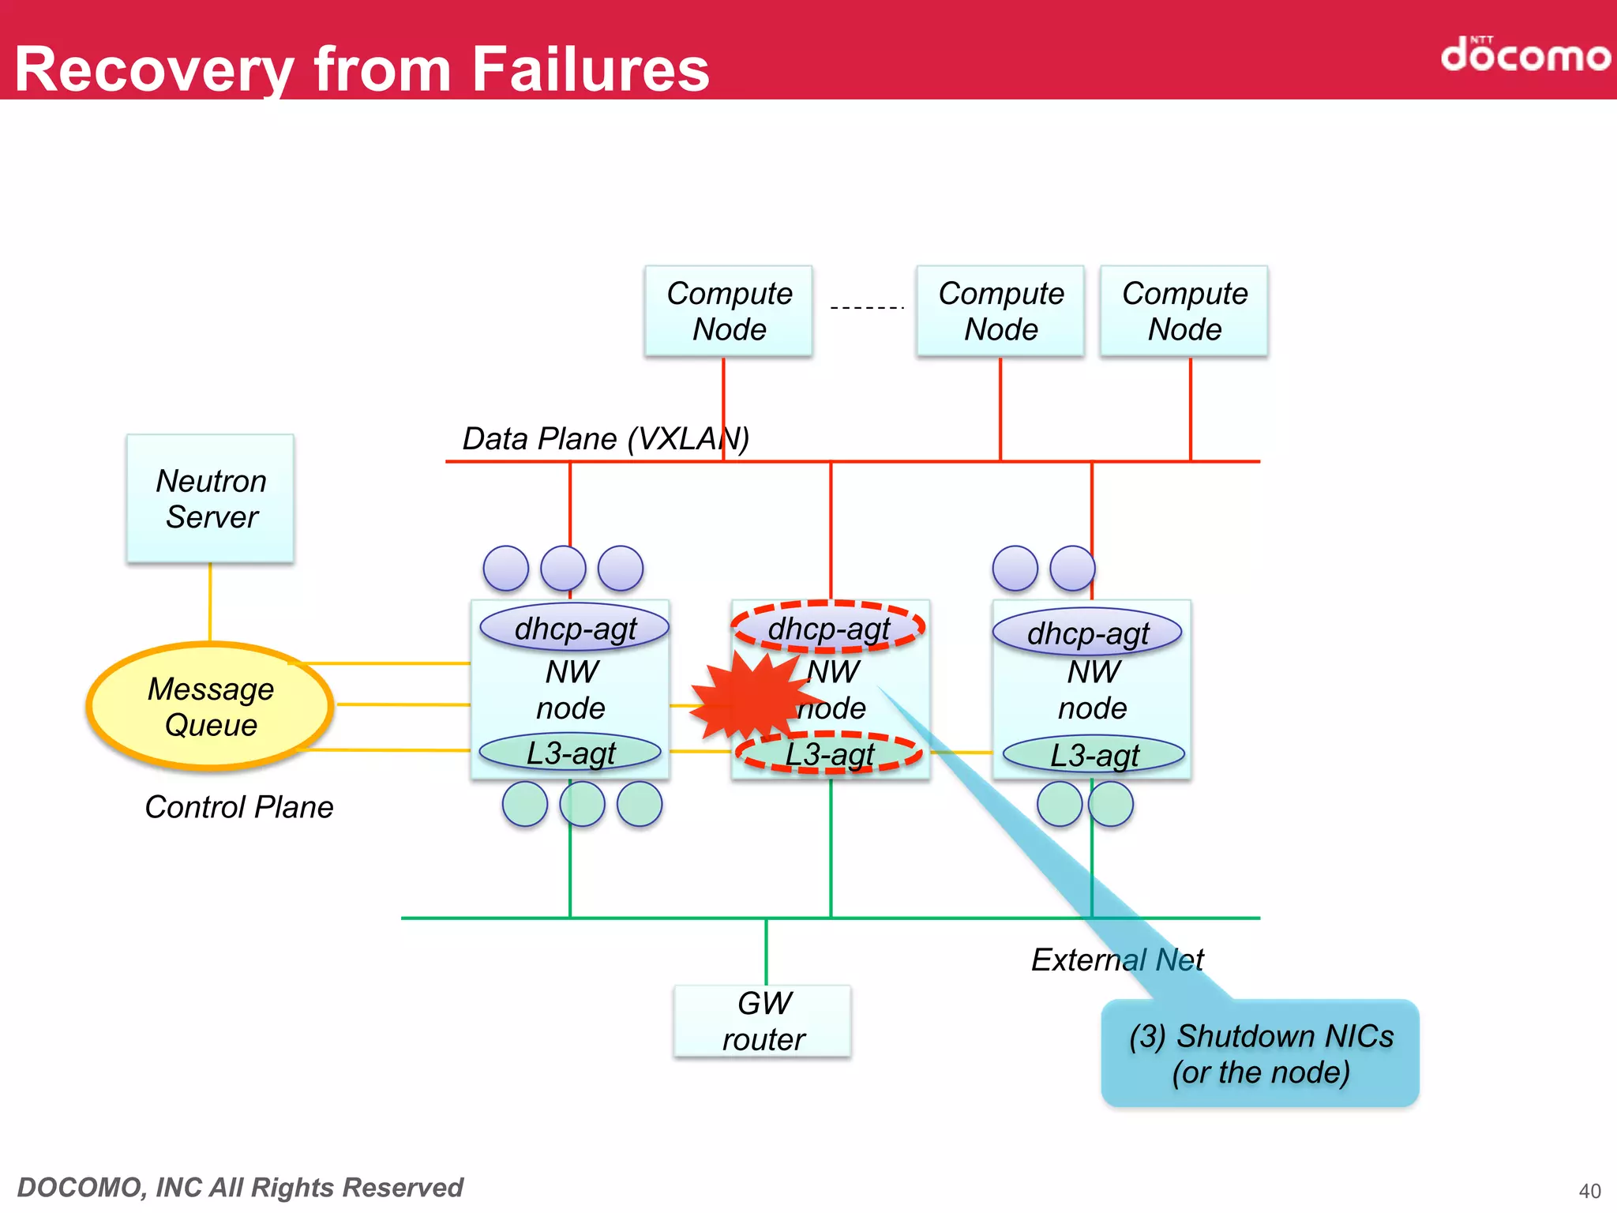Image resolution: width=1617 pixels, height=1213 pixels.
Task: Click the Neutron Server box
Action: coord(210,498)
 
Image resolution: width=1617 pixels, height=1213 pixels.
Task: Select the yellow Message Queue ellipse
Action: coord(210,706)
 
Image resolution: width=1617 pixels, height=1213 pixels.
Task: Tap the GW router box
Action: coord(763,1021)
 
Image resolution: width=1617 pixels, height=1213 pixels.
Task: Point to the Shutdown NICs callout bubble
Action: coord(1260,1053)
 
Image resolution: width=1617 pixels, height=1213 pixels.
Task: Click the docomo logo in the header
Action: coord(1525,54)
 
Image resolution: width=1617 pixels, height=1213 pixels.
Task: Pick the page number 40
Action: coord(1589,1190)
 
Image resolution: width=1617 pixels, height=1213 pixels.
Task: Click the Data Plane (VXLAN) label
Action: coord(606,438)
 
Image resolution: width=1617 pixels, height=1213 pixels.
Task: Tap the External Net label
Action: coord(1117,960)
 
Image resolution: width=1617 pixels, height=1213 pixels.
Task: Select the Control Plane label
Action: coord(239,807)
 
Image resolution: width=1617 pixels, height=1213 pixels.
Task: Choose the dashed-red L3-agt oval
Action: coord(829,753)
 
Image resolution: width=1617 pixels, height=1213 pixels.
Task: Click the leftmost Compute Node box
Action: coord(729,311)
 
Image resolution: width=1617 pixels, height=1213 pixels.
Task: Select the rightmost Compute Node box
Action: coord(1184,311)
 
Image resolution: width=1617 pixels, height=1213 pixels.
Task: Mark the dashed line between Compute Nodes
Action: coord(866,307)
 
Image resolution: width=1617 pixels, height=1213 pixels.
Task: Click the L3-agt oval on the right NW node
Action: coord(1094,755)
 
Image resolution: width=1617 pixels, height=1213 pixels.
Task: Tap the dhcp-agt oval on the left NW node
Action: coord(575,629)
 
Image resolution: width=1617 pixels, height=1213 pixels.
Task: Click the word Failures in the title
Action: coord(591,69)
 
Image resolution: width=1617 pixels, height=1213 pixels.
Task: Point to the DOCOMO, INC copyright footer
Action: coord(240,1187)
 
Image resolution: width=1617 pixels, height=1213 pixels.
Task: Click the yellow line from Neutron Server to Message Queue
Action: coord(210,602)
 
